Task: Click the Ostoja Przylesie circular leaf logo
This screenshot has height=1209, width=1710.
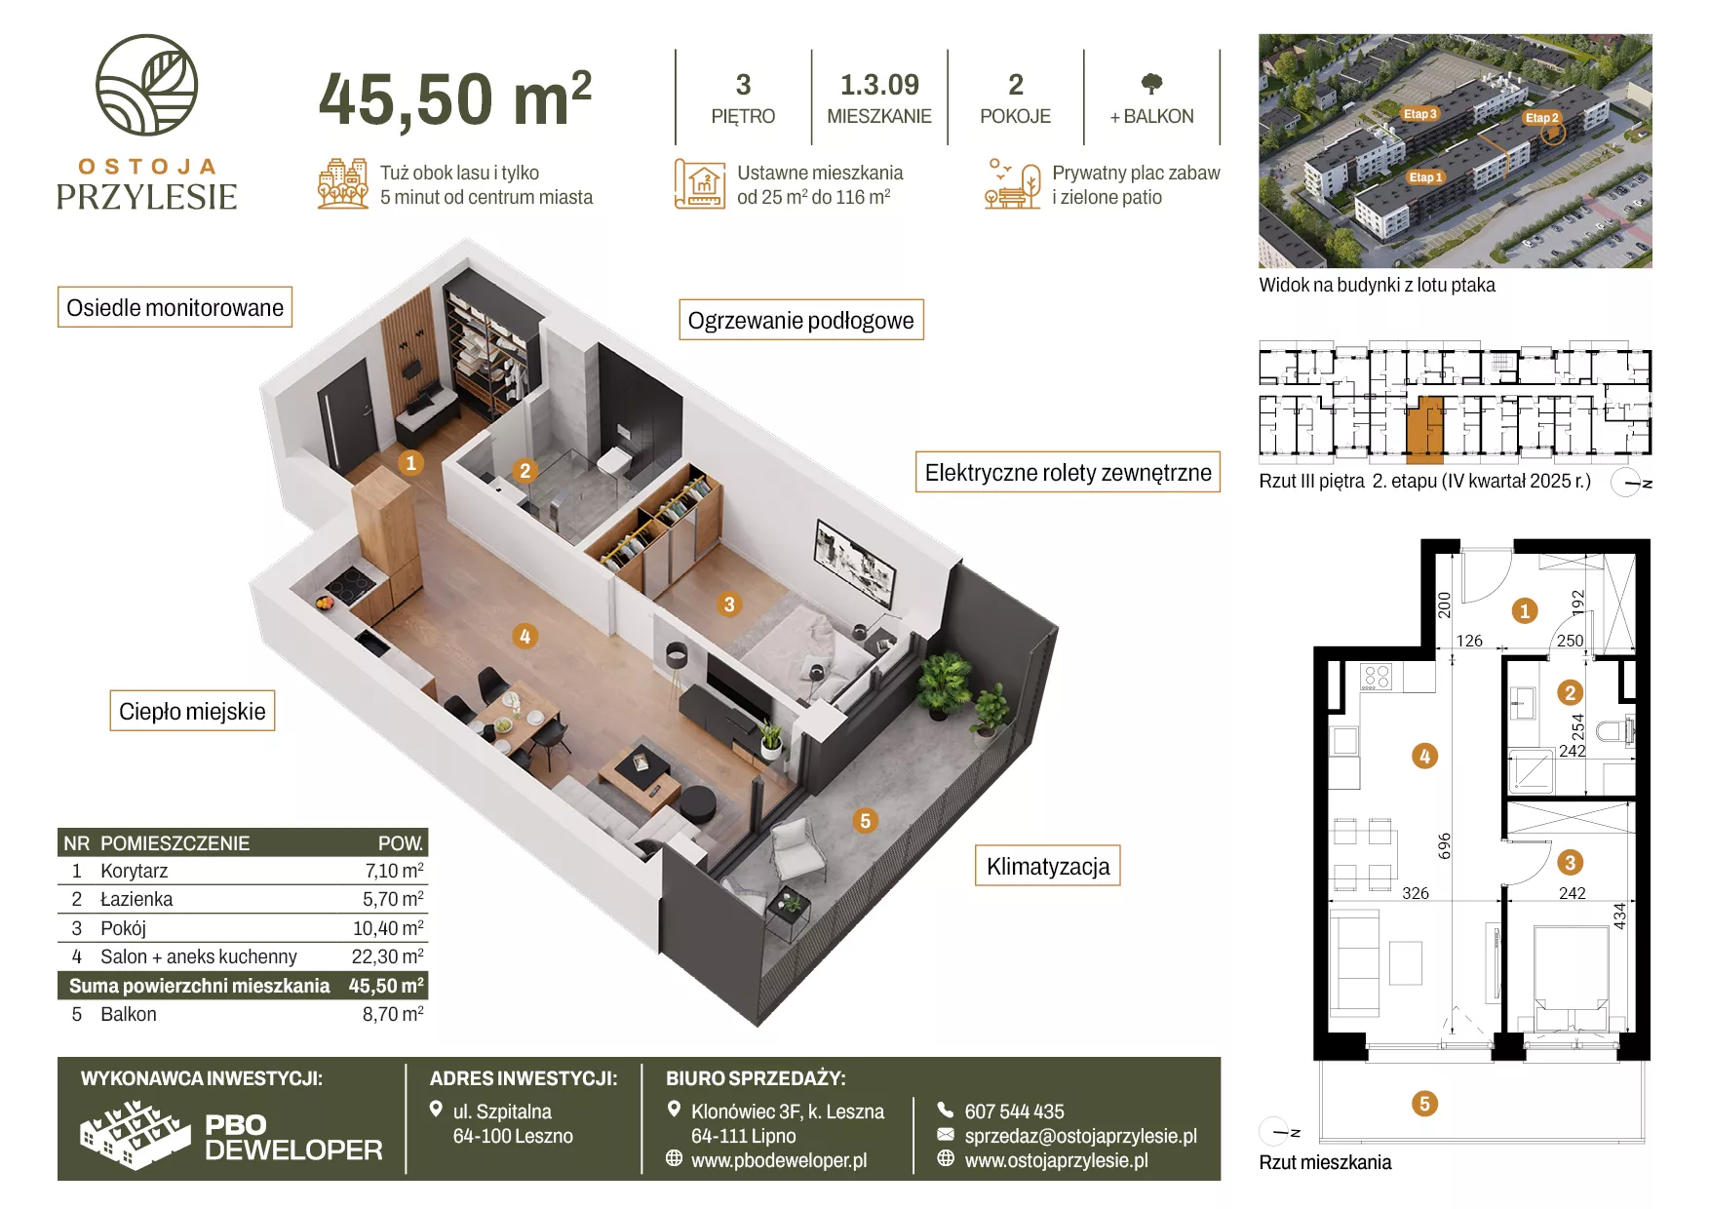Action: pos(146,85)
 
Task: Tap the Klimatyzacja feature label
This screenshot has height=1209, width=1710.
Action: pos(1048,866)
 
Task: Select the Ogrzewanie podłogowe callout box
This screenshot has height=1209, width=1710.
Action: pos(800,320)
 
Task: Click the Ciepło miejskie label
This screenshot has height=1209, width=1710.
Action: pos(192,711)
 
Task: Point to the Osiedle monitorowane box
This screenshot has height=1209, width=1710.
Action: pos(175,307)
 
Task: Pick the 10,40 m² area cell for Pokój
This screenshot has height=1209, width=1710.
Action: pos(388,928)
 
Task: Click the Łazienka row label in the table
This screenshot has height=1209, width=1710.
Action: pos(136,899)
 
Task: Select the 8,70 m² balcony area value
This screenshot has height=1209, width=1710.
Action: pos(393,1014)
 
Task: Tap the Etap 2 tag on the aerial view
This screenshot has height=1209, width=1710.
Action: pos(1542,118)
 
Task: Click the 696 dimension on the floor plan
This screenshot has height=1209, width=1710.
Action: pos(1445,845)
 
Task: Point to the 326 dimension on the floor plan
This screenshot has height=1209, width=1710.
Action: pos(1416,893)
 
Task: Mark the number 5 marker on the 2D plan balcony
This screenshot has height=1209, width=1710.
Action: pos(1424,1104)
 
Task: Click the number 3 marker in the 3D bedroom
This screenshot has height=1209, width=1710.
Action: pos(728,604)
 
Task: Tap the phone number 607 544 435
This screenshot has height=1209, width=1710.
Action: pos(1014,1111)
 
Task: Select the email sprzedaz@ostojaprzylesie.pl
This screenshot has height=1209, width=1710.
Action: pos(1080,1136)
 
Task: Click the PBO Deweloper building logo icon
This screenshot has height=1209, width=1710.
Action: pos(135,1134)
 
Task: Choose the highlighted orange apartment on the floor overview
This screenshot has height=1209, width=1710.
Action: pos(1424,429)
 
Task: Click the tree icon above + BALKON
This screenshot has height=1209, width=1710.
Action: pos(1151,84)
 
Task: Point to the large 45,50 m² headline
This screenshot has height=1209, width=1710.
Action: pos(455,99)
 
